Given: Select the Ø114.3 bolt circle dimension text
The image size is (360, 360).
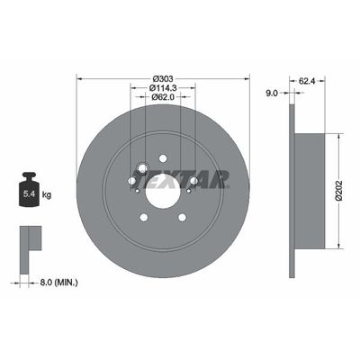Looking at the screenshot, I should point(163,85).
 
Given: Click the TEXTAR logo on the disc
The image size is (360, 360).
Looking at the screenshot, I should point(199,178).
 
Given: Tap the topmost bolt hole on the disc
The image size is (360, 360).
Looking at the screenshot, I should point(163,158).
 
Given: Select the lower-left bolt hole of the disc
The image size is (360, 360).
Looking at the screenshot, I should point(143,217).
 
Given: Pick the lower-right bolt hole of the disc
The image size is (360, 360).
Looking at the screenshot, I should point(183,217).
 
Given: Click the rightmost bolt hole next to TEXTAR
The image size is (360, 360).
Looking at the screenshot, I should point(194,181).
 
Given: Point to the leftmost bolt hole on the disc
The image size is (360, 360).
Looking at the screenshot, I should point(131,181).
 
